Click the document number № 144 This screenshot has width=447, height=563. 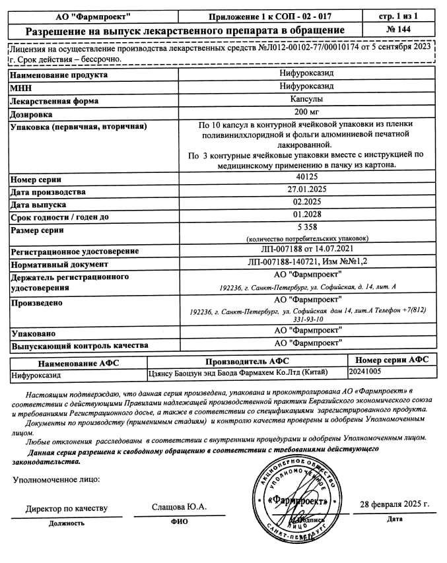point(403,30)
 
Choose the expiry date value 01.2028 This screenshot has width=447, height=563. point(307,216)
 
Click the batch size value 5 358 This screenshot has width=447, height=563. point(307,228)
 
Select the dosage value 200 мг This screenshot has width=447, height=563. point(307,112)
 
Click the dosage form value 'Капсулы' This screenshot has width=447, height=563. point(307,100)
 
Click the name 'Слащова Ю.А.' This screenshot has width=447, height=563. point(179,506)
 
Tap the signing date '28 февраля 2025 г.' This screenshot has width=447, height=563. point(394,504)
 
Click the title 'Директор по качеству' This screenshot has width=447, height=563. point(66,508)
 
